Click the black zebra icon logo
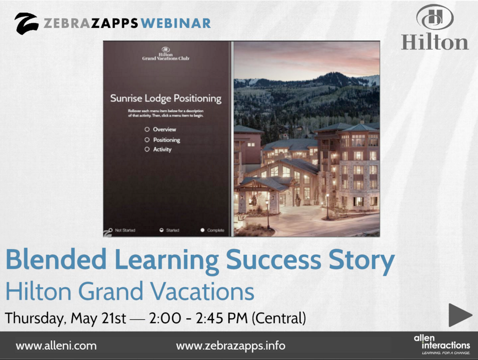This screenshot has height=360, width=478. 26,23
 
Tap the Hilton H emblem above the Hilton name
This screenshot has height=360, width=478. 434,17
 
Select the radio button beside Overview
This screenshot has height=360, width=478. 147,129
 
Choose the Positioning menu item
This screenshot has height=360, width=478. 166,140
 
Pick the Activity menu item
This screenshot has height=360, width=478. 162,150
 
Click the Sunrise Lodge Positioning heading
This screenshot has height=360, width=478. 166,98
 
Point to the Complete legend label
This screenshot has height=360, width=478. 216,230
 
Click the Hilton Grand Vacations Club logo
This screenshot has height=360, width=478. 166,54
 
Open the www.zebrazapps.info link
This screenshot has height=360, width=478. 230,346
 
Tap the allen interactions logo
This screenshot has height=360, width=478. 442,344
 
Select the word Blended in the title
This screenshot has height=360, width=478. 57,261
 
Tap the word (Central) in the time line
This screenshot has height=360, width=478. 278,318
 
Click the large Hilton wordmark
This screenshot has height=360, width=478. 435,41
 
